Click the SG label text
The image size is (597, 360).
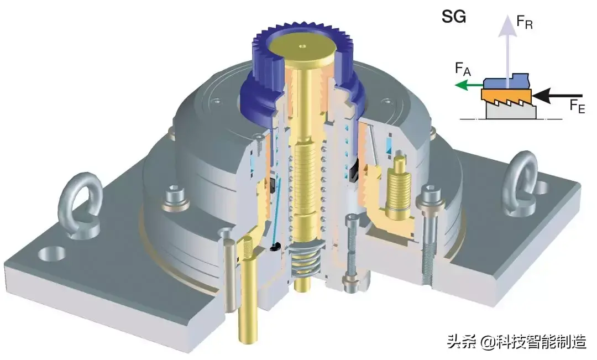[453, 18]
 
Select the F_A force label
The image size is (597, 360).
[463, 69]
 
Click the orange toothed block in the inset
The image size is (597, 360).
[506, 98]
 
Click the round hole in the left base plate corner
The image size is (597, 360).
[51, 254]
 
